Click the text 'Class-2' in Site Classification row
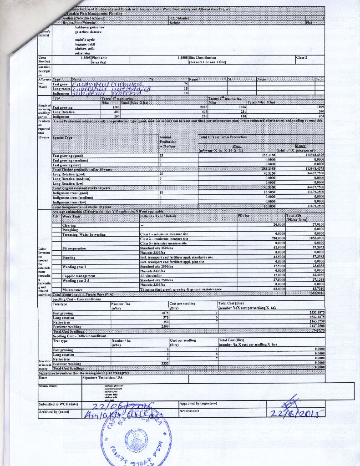pyautogui.click(x=302, y=58)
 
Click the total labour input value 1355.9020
pyautogui.click(x=315, y=294)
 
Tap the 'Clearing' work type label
pyautogui.click(x=69, y=225)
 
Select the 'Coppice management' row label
pyautogui.click(x=79, y=276)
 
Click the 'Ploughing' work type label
pyautogui.click(x=71, y=230)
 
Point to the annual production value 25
pyautogui.click(x=161, y=156)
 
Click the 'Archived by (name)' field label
pyautogui.click(x=54, y=411)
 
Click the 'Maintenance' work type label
pyautogui.click(x=72, y=289)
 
